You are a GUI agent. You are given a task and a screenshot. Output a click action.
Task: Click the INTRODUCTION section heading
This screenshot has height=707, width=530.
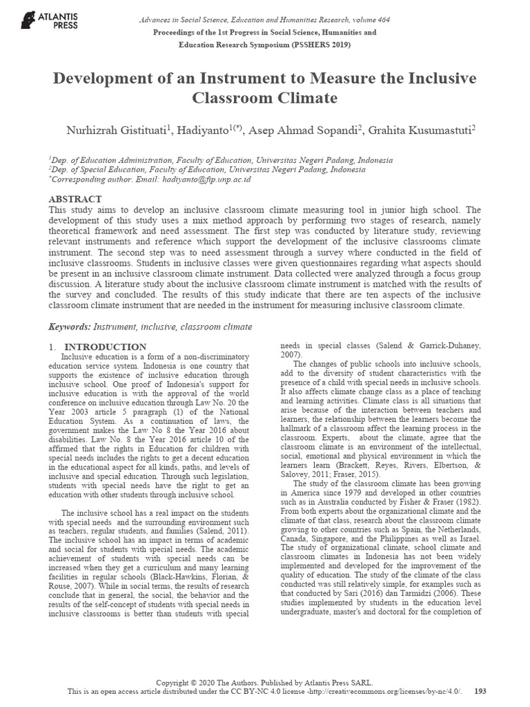pyautogui.click(x=105, y=347)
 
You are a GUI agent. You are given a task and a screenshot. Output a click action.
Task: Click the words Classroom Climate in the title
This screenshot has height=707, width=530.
pyautogui.click(x=265, y=98)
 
